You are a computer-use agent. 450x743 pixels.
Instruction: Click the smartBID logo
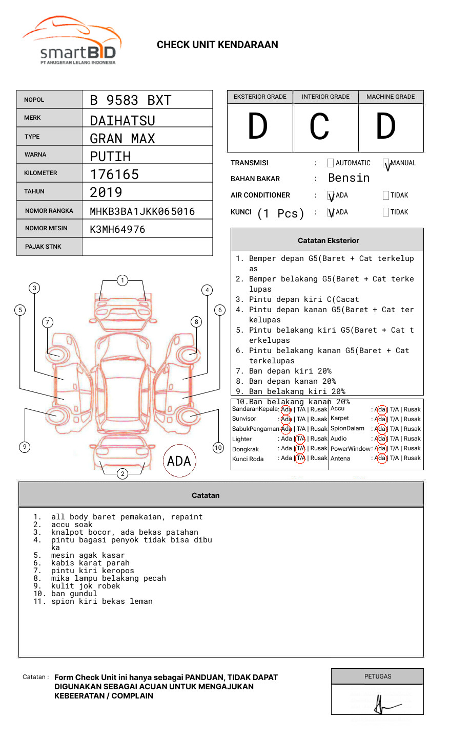click(72, 41)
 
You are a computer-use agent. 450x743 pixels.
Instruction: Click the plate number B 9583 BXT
click(130, 100)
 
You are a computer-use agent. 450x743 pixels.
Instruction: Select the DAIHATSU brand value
click(122, 121)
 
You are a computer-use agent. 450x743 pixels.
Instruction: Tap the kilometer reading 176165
click(114, 174)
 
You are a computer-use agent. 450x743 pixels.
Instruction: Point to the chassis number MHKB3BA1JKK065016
click(142, 211)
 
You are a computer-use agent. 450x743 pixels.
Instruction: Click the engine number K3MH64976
click(117, 229)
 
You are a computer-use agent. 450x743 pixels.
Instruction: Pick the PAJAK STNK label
click(43, 247)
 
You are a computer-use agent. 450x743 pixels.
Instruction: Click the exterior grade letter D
click(258, 126)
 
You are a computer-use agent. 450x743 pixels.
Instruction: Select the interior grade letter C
click(319, 126)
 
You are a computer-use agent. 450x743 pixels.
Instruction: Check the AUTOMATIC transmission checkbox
click(331, 163)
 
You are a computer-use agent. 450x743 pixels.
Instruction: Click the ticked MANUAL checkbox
click(386, 164)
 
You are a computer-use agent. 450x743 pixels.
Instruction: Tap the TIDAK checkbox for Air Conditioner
click(386, 195)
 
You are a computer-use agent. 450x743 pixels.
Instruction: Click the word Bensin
click(349, 178)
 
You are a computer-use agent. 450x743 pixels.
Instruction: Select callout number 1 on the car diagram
click(122, 280)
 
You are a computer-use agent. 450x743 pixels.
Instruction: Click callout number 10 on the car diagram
click(218, 448)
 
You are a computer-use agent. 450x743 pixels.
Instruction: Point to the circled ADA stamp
click(179, 461)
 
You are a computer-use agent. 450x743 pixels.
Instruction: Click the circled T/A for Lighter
click(300, 439)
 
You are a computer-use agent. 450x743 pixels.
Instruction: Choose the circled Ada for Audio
click(380, 439)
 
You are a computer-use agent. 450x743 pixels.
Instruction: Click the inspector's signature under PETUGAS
click(384, 705)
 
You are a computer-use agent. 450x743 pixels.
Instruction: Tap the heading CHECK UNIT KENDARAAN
click(217, 45)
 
